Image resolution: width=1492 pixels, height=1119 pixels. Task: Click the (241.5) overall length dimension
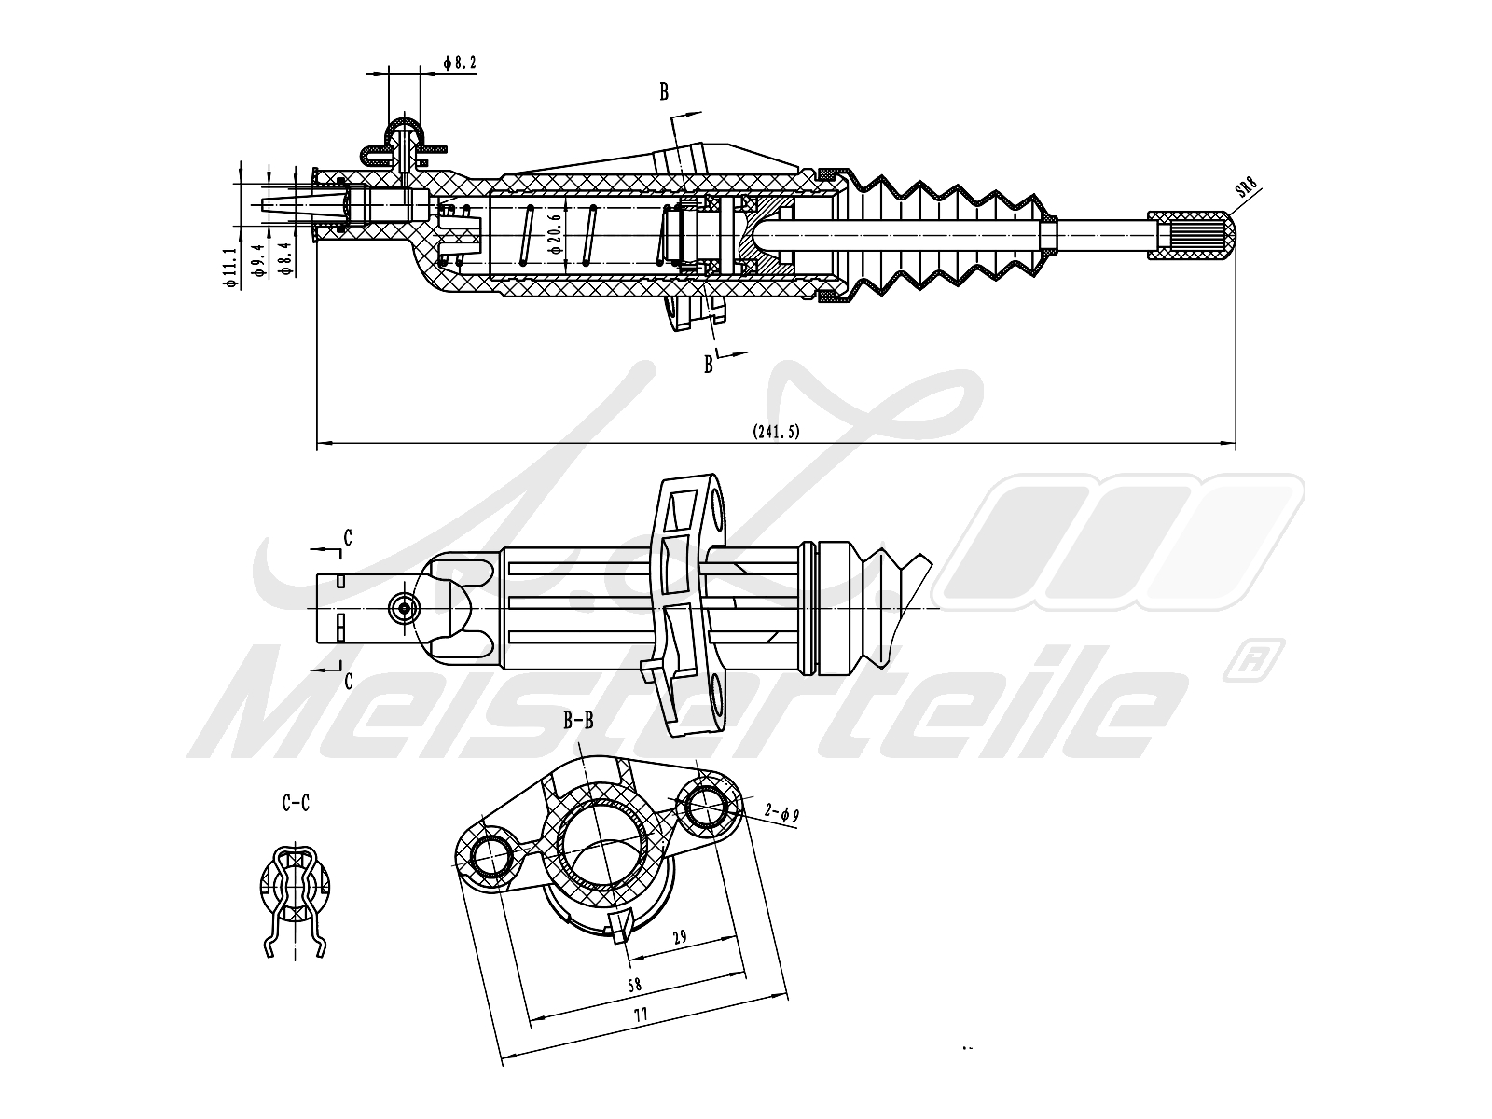pos(776,431)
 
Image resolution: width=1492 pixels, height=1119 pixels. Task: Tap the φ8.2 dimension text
pos(460,63)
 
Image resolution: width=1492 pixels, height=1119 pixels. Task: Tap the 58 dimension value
pos(635,984)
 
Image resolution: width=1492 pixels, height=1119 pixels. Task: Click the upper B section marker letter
pos(664,91)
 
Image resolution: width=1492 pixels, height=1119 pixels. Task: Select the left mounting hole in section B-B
pos(492,856)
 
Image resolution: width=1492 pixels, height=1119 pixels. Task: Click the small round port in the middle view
pos(405,608)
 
